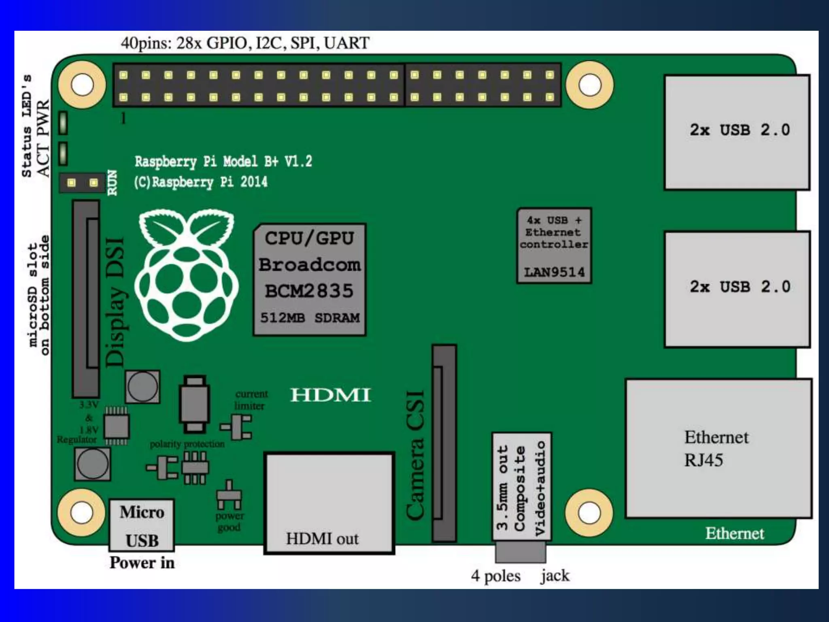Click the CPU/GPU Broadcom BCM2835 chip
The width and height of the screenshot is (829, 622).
coord(310,279)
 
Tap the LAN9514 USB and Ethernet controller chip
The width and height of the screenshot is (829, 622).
coord(554,246)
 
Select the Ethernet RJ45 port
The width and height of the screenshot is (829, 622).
coord(718,448)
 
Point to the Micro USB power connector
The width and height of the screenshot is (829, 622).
coord(142,525)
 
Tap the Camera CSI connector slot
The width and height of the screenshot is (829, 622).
coord(444,443)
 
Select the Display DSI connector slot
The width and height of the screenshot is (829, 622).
coord(86,299)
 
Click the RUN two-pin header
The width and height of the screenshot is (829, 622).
coord(83,183)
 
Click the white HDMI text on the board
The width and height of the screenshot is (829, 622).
coord(330,395)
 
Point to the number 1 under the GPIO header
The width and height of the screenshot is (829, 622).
coord(123,118)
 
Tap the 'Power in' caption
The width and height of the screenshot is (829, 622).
coord(142,562)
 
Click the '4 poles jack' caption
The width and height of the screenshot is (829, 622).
coord(520,575)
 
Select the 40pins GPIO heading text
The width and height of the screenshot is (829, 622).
coord(245,43)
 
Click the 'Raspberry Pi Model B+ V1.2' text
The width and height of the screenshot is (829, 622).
coord(223,162)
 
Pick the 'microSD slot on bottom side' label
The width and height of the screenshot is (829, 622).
coord(39,296)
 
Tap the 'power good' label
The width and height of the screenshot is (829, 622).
coord(229,522)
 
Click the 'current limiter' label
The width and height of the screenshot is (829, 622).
coord(251,400)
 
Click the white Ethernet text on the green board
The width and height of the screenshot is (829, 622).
coord(734,533)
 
